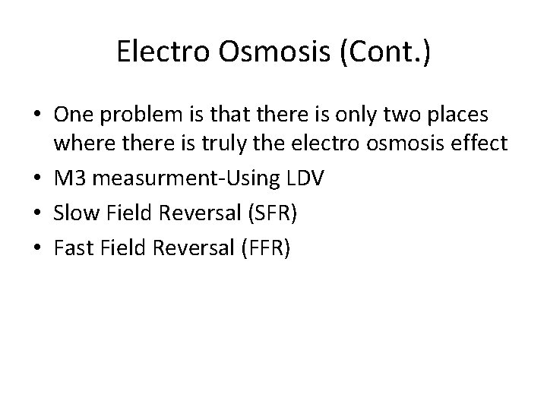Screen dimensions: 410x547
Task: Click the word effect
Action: (472, 147)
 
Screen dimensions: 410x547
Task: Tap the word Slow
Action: (77, 213)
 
